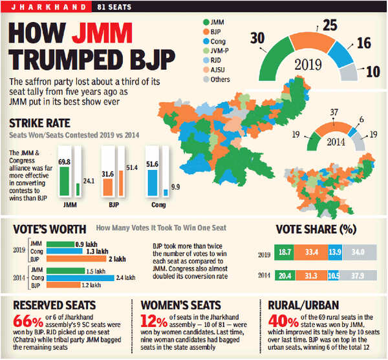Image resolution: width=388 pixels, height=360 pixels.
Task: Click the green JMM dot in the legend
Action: pyautogui.click(x=206, y=22)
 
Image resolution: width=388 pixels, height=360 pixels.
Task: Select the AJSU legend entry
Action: pyautogui.click(x=214, y=70)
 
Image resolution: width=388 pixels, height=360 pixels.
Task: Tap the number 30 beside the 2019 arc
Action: pyautogui.click(x=257, y=38)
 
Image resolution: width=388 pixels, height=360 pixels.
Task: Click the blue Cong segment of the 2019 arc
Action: pyautogui.click(x=341, y=54)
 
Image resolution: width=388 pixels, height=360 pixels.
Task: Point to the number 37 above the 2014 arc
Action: pyautogui.click(x=334, y=112)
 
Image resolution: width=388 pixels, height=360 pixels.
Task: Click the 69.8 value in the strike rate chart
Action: pyautogui.click(x=64, y=162)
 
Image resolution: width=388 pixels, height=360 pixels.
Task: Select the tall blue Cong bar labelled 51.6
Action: pyautogui.click(x=152, y=183)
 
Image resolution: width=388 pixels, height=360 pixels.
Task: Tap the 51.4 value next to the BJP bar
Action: pyautogui.click(x=132, y=167)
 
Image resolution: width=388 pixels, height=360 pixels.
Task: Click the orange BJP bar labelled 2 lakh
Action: pyautogui.click(x=76, y=259)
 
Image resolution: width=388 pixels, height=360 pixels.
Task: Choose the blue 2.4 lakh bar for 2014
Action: pyautogui.click(x=80, y=278)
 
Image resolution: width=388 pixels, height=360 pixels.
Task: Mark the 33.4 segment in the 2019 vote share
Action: pyautogui.click(x=311, y=252)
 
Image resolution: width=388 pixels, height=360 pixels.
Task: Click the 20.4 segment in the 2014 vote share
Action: pyautogui.click(x=285, y=275)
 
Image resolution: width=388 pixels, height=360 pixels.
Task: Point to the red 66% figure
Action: pyautogui.click(x=28, y=321)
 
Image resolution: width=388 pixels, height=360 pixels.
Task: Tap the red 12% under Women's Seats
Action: pyautogui.click(x=154, y=321)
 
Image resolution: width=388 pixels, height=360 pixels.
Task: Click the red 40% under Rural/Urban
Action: pyautogui.click(x=283, y=321)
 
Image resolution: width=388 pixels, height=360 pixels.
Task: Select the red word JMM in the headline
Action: pyautogui.click(x=102, y=33)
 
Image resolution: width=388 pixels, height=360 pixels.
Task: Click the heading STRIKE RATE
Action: pyautogui.click(x=39, y=123)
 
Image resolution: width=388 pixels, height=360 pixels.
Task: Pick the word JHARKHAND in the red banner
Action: pyautogui.click(x=48, y=7)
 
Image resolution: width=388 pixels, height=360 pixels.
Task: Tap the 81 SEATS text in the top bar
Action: pyautogui.click(x=114, y=7)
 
